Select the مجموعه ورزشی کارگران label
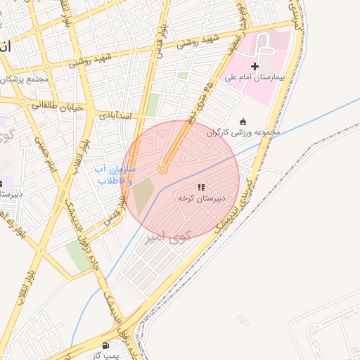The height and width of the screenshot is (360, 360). click(243, 131)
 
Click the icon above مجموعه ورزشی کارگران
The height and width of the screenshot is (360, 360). click(243, 121)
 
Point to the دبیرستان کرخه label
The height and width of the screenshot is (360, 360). click(200, 198)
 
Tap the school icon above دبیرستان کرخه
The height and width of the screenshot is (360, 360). click(201, 187)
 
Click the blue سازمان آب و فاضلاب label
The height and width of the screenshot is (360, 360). click(116, 175)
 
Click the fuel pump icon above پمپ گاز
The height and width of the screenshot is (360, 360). click(105, 345)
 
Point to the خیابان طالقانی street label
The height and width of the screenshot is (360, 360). click(56, 106)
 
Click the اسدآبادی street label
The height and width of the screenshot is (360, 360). click(117, 115)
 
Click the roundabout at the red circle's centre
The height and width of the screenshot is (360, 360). click(163, 169)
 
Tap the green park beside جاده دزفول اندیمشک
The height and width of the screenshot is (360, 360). click(79, 255)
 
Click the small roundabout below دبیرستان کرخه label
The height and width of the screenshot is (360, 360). click(186, 219)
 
